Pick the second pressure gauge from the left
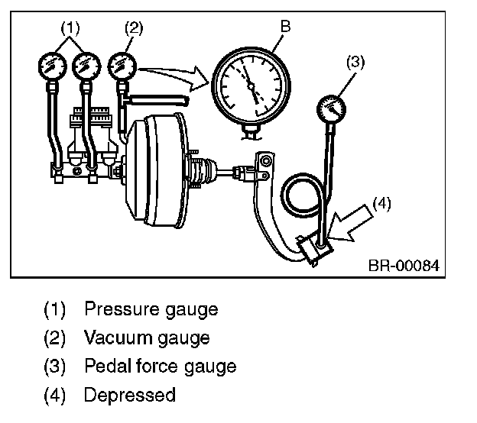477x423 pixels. (86, 67)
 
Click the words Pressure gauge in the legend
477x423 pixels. (151, 309)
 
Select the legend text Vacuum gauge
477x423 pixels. (147, 337)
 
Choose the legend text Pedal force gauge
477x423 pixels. (160, 366)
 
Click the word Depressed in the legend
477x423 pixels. (129, 395)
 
